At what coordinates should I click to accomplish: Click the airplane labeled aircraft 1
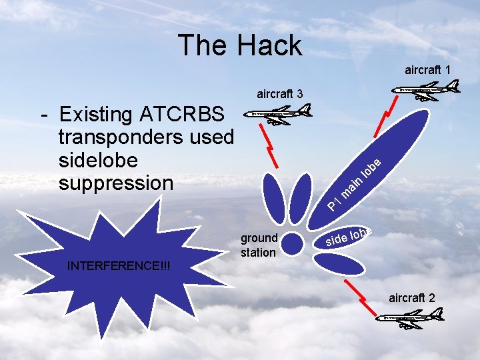(426, 89)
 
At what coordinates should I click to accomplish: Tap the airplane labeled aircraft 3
(278, 114)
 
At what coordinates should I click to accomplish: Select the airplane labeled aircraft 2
(407, 319)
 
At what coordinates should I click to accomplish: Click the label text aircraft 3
(280, 93)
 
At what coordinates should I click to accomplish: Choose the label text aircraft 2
(412, 297)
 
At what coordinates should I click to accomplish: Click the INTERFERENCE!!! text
(119, 267)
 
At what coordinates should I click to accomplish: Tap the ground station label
(259, 245)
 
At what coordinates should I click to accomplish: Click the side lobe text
(349, 235)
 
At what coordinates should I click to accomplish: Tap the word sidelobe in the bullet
(98, 160)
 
